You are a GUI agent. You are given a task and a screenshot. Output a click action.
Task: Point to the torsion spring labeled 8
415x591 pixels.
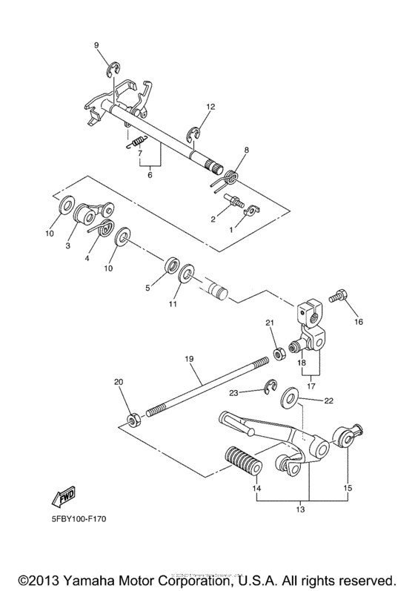point(229,176)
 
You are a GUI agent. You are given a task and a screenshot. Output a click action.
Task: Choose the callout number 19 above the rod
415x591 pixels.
point(189,359)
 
